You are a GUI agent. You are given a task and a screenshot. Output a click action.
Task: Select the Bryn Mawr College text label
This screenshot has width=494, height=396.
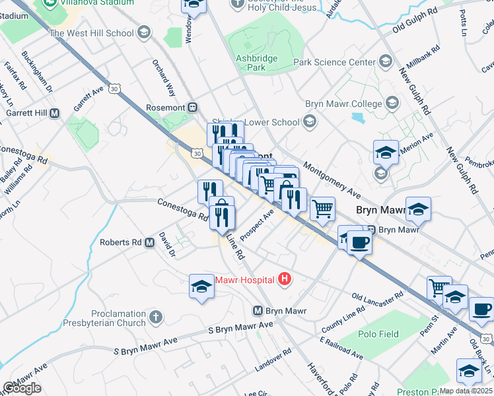point(343,104)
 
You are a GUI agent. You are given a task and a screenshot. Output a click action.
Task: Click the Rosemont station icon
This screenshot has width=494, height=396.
point(193,107)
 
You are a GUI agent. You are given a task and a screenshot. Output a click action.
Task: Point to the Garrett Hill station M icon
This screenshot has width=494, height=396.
point(55,113)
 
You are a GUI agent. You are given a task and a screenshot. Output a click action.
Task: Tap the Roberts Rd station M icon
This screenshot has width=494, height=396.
point(149,242)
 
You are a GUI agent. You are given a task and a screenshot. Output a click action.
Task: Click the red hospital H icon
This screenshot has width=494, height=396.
point(285,279)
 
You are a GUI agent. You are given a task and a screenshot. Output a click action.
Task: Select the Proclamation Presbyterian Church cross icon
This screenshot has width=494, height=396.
point(156,317)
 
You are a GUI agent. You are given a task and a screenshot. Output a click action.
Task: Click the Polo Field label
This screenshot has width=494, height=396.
point(378,334)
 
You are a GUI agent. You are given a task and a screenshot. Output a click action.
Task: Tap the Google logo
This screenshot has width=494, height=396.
point(22,389)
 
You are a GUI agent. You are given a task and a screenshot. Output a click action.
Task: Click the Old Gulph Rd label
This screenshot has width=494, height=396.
point(415,28)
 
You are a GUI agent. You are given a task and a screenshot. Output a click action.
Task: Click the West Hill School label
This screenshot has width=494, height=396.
point(91,33)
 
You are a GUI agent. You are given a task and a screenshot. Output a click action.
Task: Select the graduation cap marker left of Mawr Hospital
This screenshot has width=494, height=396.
point(201,286)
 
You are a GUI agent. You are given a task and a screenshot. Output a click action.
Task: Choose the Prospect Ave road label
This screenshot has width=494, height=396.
point(258,226)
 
